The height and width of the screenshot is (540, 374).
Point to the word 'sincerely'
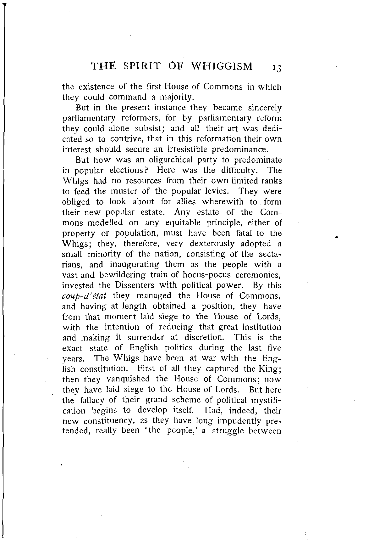[x=265, y=108]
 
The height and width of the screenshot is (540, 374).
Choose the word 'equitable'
[x=181, y=223]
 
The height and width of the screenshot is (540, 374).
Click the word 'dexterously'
[x=212, y=244]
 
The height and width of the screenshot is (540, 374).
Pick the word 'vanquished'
[x=128, y=379]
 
